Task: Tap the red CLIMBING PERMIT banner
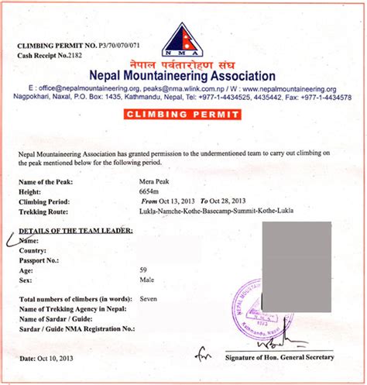point(183,115)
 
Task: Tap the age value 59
point(144,270)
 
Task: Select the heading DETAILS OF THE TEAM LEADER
point(75,231)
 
